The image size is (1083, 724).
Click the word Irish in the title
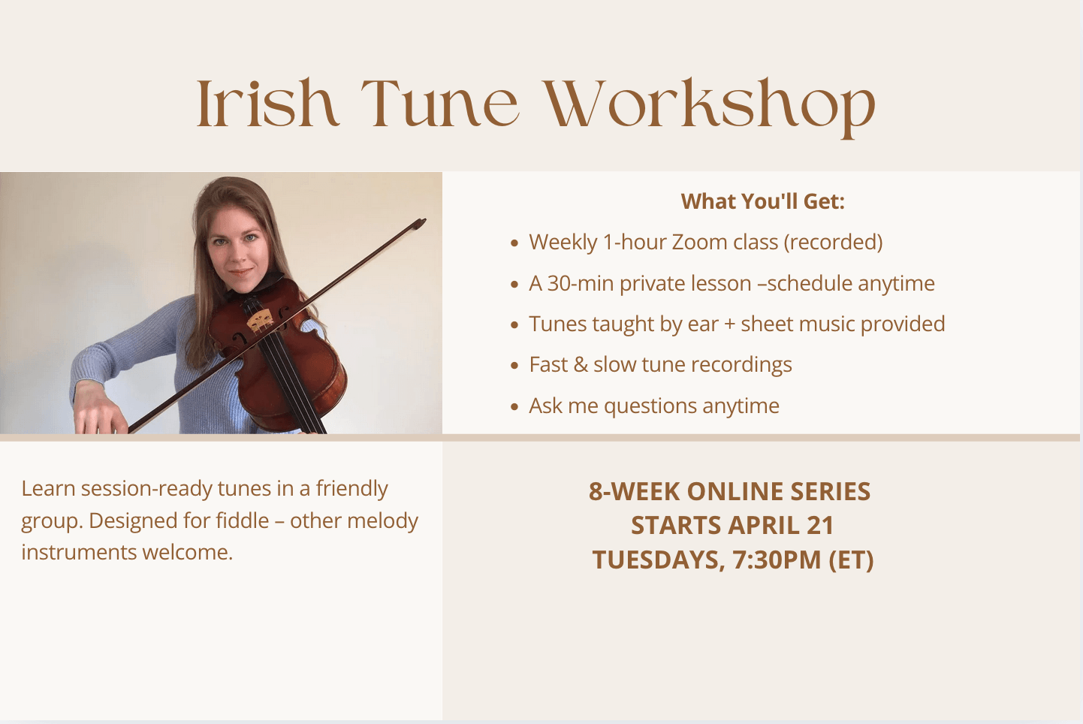267,104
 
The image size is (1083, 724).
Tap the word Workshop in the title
709,105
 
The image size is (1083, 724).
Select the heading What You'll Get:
762,201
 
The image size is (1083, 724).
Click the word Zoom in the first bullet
699,243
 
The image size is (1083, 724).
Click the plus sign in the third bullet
729,324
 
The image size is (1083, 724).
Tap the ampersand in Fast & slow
581,365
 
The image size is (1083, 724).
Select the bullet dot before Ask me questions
514,407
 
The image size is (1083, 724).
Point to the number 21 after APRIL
820,526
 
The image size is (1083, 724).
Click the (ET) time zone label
851,560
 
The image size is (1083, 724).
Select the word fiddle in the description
242,520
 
